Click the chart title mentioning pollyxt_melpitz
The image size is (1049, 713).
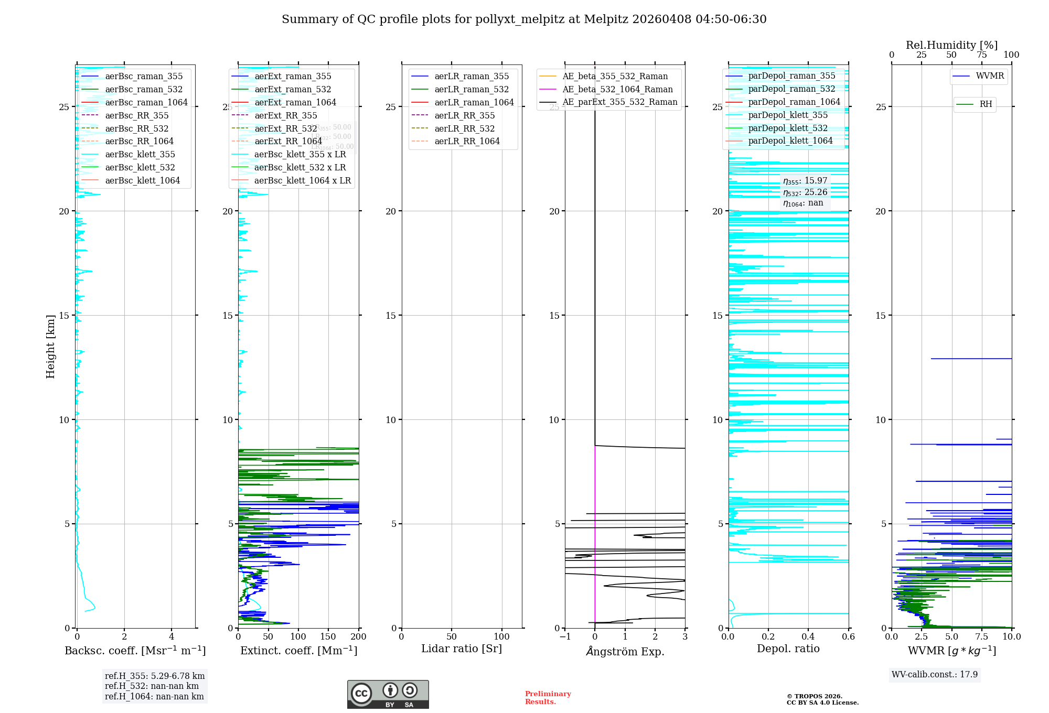pyautogui.click(x=524, y=19)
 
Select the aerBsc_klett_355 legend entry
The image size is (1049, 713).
pyautogui.click(x=140, y=155)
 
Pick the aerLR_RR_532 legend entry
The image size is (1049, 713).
pyautogui.click(x=464, y=129)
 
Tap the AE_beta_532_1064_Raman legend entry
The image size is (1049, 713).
pyautogui.click(x=617, y=90)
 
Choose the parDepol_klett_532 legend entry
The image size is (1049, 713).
pyautogui.click(x=788, y=128)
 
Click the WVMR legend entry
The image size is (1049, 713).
pyautogui.click(x=990, y=76)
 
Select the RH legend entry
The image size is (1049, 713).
pyautogui.click(x=986, y=104)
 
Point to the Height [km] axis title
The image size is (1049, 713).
pyautogui.click(x=50, y=347)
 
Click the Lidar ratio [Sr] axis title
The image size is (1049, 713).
pyautogui.click(x=462, y=649)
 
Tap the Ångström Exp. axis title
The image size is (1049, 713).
pyautogui.click(x=625, y=652)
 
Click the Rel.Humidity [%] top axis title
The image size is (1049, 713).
pyautogui.click(x=951, y=45)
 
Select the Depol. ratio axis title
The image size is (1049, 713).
pyautogui.click(x=788, y=649)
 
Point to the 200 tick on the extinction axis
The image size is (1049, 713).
pyautogui.click(x=359, y=637)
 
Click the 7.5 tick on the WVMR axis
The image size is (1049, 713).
pyautogui.click(x=981, y=637)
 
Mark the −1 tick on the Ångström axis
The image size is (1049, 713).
pyautogui.click(x=565, y=637)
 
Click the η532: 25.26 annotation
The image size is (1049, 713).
pyautogui.click(x=805, y=192)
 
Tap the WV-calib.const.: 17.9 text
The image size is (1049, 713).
pyautogui.click(x=935, y=675)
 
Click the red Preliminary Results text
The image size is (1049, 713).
pyautogui.click(x=548, y=698)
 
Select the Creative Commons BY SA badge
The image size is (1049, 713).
pyautogui.click(x=388, y=695)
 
